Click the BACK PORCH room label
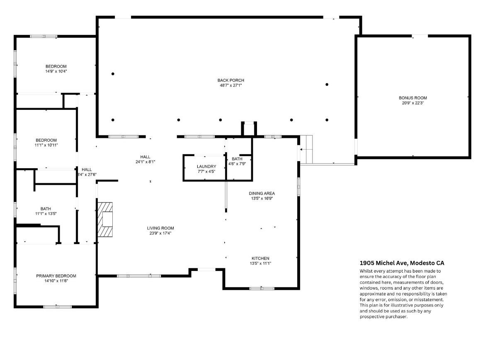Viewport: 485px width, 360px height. pos(231,80)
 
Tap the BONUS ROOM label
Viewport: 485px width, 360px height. pos(412,98)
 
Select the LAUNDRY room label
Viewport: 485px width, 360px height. pos(206,167)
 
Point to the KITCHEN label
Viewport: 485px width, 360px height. pos(260,259)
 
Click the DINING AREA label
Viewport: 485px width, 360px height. pos(262,193)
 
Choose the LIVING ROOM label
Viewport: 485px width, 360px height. pos(160,228)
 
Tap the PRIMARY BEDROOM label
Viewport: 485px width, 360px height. pos(56,276)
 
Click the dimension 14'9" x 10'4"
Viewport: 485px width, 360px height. pos(56,71)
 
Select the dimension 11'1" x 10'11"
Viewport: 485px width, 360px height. pos(46,145)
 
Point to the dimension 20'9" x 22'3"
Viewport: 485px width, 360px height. pos(412,103)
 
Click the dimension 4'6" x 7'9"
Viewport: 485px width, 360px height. pos(237,164)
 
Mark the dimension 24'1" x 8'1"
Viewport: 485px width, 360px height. pos(145,162)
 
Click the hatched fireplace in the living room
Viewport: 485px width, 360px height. pos(105,220)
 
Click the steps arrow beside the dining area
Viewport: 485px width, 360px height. pos(304,150)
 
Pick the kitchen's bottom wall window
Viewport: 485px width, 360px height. pos(262,289)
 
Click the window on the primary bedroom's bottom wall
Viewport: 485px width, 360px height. pos(57,307)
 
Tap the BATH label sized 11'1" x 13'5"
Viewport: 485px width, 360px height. pos(46,209)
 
